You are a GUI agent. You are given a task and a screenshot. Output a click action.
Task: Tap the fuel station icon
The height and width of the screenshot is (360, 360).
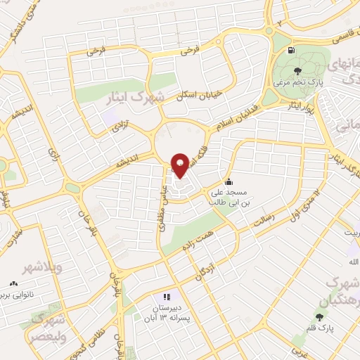coord(291,50)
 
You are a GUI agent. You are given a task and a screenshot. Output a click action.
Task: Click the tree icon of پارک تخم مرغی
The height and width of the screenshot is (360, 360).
coord(297,70)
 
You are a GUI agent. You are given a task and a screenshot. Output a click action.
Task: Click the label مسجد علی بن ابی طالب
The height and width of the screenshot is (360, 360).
coord(228,196)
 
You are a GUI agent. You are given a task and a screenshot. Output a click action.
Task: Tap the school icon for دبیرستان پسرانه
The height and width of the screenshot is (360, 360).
coord(167,297)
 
